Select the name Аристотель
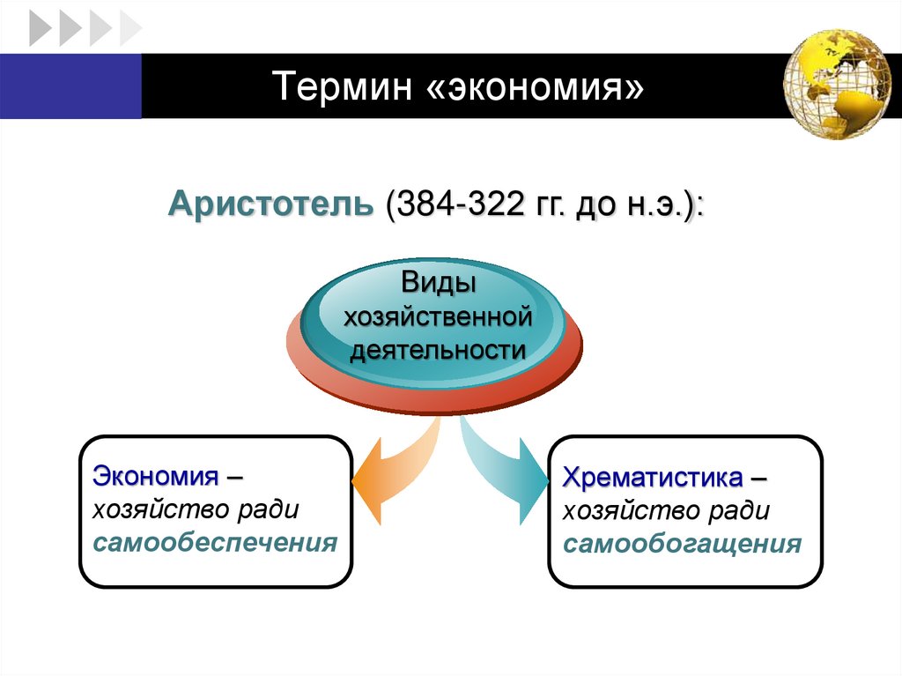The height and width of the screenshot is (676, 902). [272, 204]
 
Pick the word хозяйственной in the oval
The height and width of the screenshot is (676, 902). [439, 316]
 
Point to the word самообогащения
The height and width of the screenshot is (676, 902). [683, 543]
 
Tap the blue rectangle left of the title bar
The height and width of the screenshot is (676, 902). [70, 85]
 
